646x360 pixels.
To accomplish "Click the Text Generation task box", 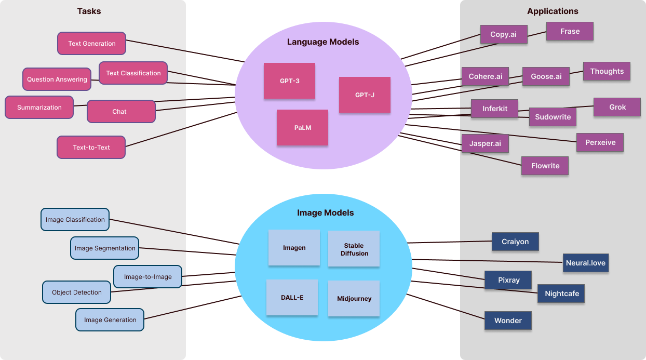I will click(92, 44).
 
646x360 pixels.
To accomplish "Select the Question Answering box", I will click(57, 79).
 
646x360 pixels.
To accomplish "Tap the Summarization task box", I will click(39, 108).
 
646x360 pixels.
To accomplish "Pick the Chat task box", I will click(120, 112).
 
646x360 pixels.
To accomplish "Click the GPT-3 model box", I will click(289, 81).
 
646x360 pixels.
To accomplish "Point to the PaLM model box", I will click(302, 127).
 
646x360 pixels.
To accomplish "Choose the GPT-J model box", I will click(365, 95).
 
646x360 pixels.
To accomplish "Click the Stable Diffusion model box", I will click(354, 249).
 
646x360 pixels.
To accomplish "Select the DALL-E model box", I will click(292, 298).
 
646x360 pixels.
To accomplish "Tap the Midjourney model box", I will click(354, 299).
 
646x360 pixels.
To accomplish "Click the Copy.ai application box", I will click(504, 34).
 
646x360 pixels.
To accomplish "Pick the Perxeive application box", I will click(600, 142).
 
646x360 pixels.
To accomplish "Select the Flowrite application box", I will click(545, 166).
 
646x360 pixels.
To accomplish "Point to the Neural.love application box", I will click(585, 263).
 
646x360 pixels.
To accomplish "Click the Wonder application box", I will click(508, 321).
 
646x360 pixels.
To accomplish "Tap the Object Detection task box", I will click(77, 292).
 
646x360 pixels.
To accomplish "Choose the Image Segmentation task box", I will click(105, 248).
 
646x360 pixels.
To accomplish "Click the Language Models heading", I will click(323, 42).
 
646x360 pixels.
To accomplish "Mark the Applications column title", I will click(553, 11).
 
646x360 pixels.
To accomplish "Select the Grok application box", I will click(617, 107).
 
